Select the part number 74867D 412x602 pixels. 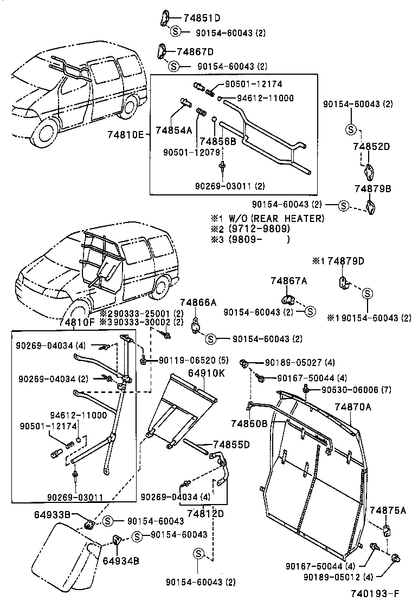[x=196, y=51]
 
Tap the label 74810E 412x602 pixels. [x=125, y=134]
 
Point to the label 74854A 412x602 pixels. [x=173, y=130]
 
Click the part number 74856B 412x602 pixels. [x=218, y=141]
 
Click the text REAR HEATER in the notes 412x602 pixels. [x=295, y=218]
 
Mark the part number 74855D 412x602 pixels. [x=230, y=444]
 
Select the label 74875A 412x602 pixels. [x=388, y=510]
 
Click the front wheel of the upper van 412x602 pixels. [x=44, y=132]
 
